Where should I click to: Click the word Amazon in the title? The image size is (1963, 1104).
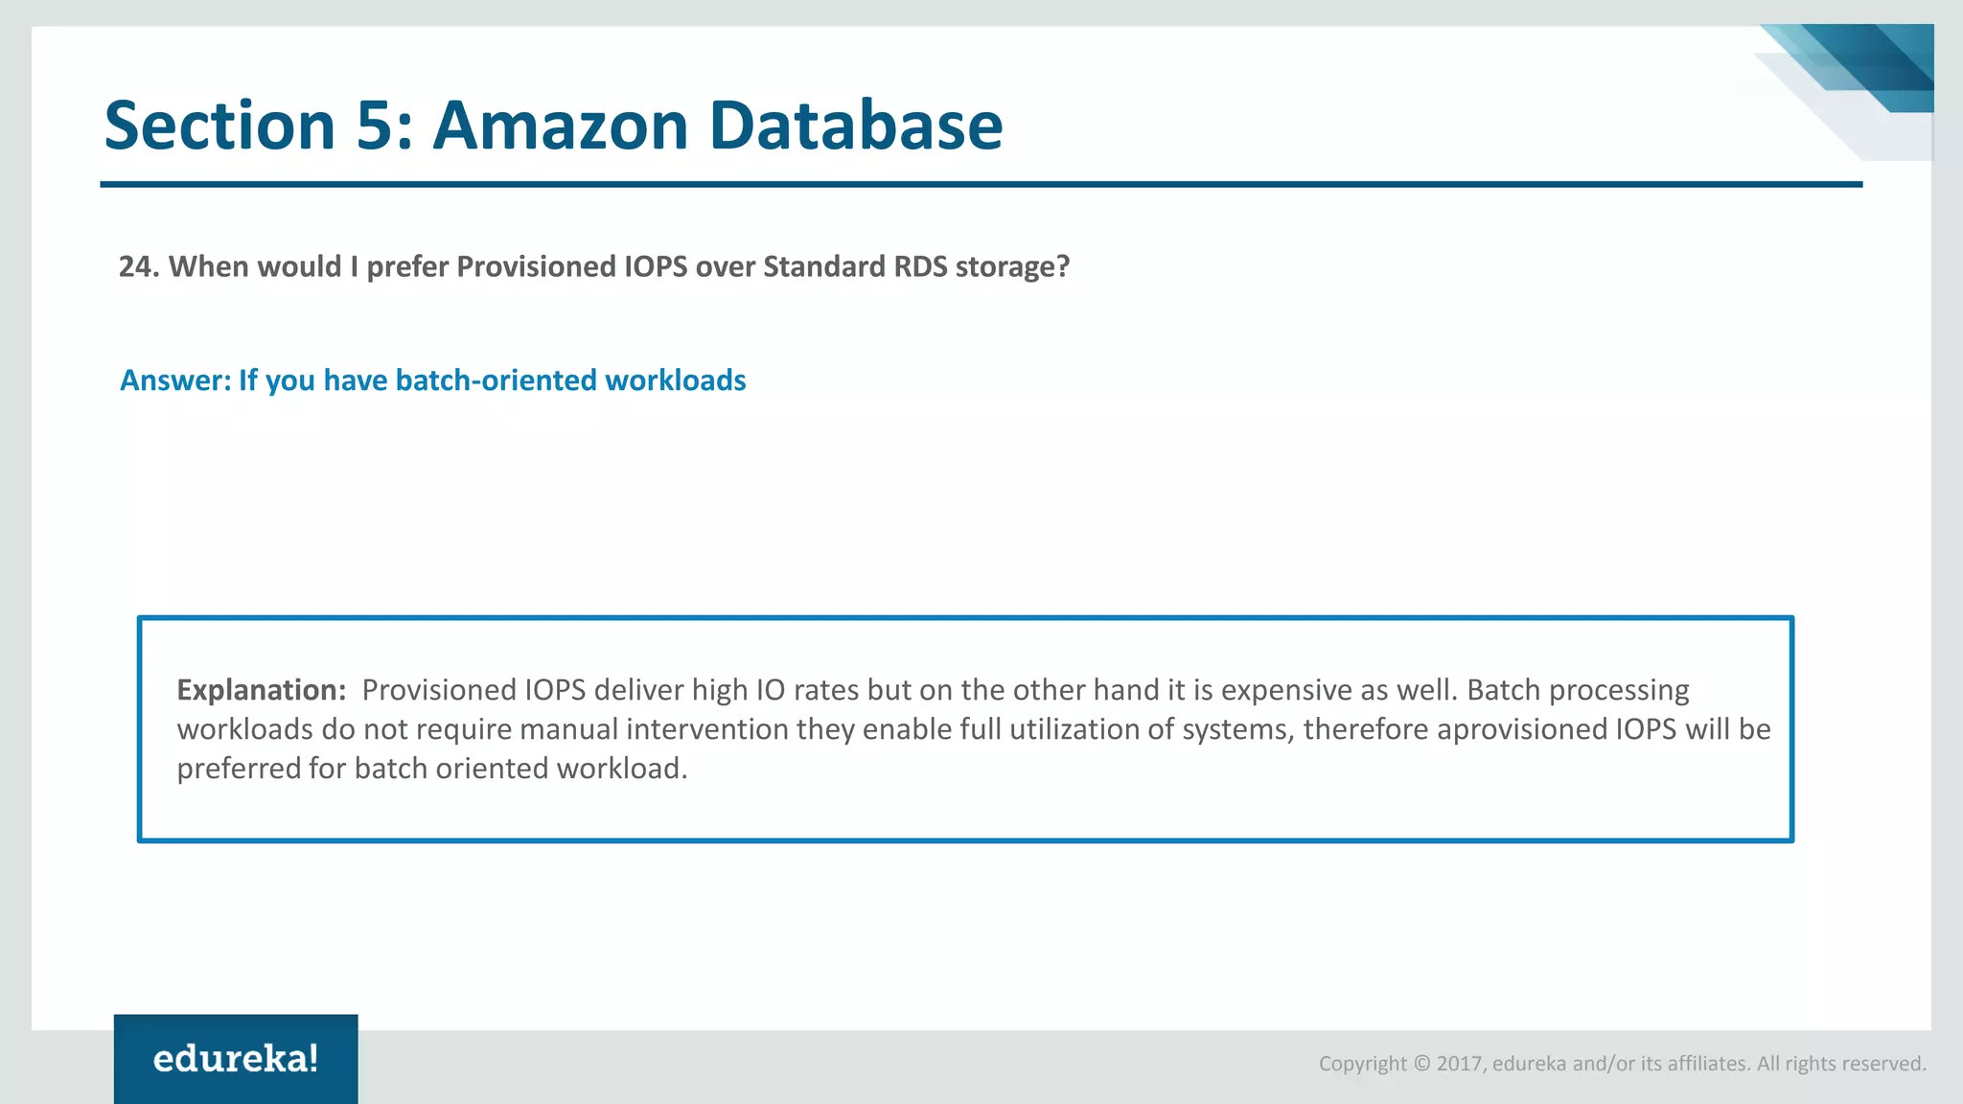561,126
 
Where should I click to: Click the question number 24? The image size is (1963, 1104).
138,266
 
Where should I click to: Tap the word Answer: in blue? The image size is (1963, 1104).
175,380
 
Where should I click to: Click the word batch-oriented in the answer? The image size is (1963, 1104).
496,380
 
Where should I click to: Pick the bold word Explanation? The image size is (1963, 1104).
261,690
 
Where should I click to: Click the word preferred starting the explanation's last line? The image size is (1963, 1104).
238,769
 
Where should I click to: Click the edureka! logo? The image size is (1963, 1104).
236,1059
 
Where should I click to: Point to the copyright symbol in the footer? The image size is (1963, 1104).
1421,1064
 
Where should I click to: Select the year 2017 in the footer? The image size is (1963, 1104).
1459,1064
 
